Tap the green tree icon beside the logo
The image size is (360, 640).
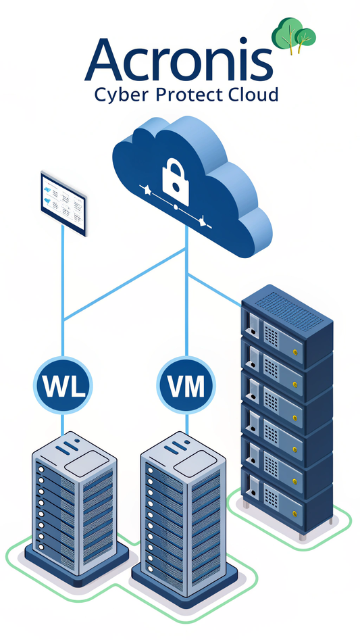click(x=293, y=35)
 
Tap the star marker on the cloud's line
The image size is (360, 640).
click(x=148, y=192)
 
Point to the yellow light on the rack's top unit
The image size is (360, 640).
click(x=295, y=352)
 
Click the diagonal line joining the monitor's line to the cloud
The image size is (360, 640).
click(x=125, y=284)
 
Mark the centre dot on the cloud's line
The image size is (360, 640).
click(x=176, y=207)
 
